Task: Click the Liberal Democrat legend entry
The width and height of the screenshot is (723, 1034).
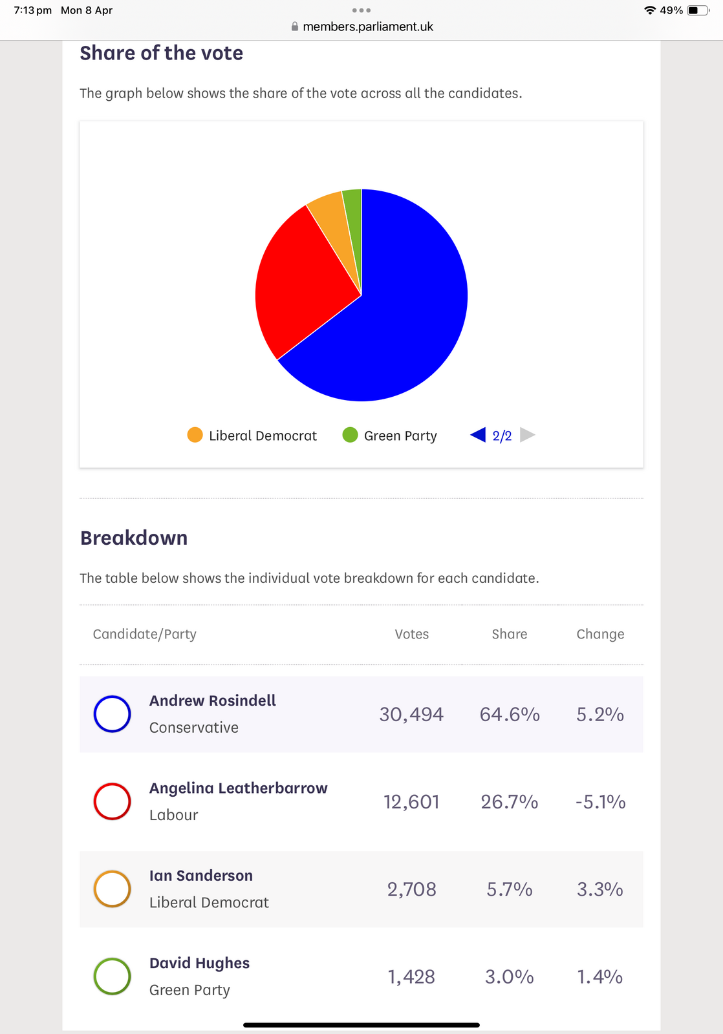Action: [x=252, y=436]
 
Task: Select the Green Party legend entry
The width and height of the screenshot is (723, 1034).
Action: [x=390, y=436]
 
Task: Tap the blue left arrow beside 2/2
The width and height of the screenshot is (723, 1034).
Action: [x=478, y=435]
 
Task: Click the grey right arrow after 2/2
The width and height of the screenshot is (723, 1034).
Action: [x=528, y=435]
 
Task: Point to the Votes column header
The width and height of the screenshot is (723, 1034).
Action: [x=412, y=634]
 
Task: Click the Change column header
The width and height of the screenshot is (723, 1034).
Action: [x=600, y=634]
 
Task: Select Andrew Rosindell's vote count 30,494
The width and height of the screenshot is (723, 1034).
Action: [x=411, y=714]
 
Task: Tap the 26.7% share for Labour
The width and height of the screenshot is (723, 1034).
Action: [x=510, y=802]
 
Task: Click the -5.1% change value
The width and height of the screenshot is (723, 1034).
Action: [x=600, y=802]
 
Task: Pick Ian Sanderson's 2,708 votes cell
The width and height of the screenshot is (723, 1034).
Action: [x=412, y=889]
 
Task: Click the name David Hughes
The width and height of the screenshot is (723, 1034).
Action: [x=199, y=963]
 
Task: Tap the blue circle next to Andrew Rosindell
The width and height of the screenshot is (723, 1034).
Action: [x=113, y=714]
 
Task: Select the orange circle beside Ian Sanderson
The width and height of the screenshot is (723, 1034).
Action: [x=113, y=889]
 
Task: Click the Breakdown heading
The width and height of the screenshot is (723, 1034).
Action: [x=134, y=538]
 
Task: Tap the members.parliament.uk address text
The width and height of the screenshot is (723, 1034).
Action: [x=368, y=26]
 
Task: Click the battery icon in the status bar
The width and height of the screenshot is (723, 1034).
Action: [x=697, y=10]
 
